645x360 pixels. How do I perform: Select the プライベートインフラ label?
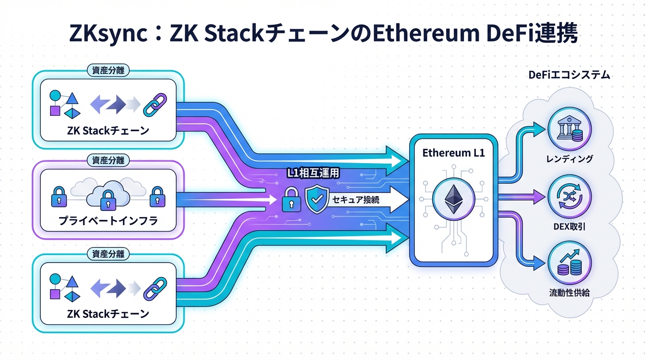108,221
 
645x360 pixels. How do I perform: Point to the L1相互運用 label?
313,173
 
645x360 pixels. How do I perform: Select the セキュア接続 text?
356,199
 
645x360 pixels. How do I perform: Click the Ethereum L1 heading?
453,153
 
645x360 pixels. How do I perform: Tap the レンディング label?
570,159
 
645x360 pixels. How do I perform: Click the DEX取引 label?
569,227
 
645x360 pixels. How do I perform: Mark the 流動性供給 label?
569,293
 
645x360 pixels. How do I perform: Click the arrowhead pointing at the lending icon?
542,127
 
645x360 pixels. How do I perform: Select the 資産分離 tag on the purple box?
108,160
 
